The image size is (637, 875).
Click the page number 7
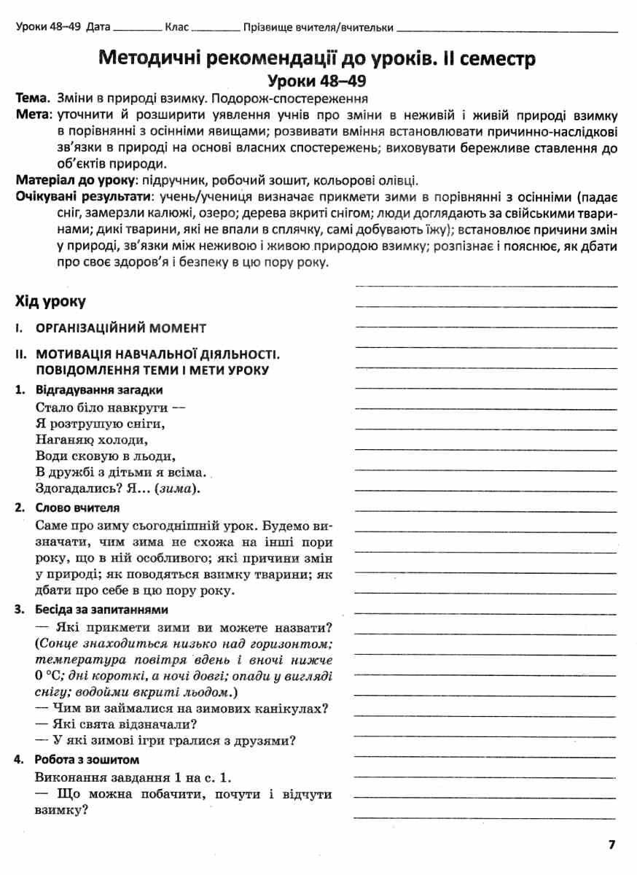point(612,844)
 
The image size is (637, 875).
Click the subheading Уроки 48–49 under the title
point(317,81)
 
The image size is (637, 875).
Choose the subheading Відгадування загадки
point(99,390)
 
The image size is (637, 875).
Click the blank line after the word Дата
point(137,29)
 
